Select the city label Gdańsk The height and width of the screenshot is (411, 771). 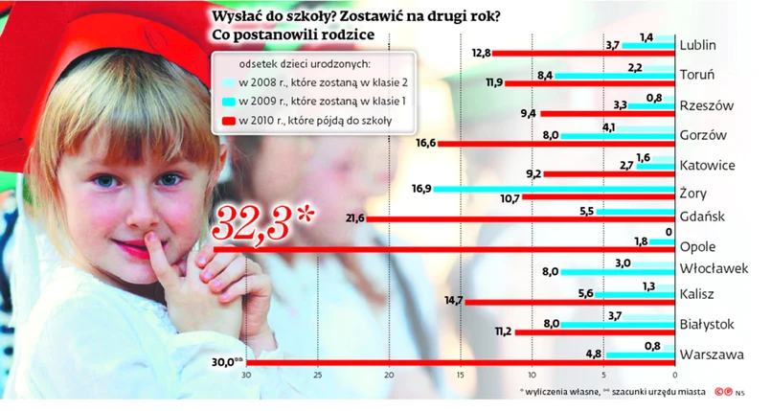click(x=704, y=217)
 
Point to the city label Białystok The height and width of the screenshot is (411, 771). click(x=710, y=325)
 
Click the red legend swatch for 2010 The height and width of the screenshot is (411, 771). click(x=227, y=122)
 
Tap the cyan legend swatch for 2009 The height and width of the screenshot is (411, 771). click(x=227, y=101)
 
